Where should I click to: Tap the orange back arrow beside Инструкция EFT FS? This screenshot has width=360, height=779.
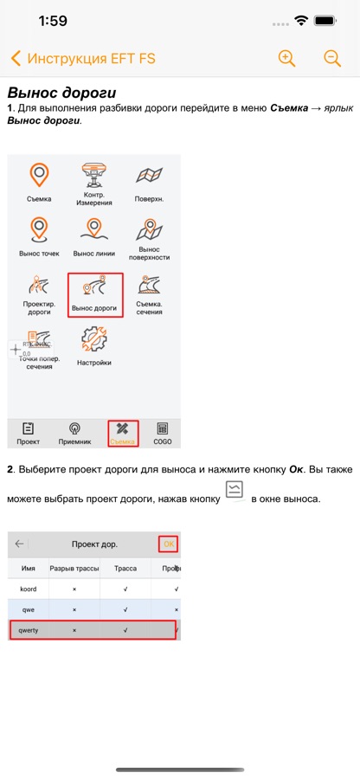16,59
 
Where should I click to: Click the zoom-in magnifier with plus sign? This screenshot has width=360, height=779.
286,58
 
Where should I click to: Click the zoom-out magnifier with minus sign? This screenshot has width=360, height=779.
332,58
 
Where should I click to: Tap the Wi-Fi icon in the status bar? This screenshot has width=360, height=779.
301,21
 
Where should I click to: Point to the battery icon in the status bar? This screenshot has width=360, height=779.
326,21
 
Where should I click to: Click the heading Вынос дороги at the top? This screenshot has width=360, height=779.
61,93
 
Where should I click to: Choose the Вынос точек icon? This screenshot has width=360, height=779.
39,230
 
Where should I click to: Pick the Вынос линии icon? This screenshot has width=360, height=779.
93,230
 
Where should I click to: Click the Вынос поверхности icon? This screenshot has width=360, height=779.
150,229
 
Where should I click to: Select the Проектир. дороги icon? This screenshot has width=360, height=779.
39,284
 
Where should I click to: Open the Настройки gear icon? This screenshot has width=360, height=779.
93,338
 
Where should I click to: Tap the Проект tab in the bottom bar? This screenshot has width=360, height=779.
29,434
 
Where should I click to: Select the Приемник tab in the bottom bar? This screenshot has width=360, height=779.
75,434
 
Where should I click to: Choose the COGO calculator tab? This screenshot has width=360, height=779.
162,434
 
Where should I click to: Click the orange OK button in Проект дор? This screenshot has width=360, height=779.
169,544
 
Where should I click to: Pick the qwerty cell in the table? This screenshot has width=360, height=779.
29,629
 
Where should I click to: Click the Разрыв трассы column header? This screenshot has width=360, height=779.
74,569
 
